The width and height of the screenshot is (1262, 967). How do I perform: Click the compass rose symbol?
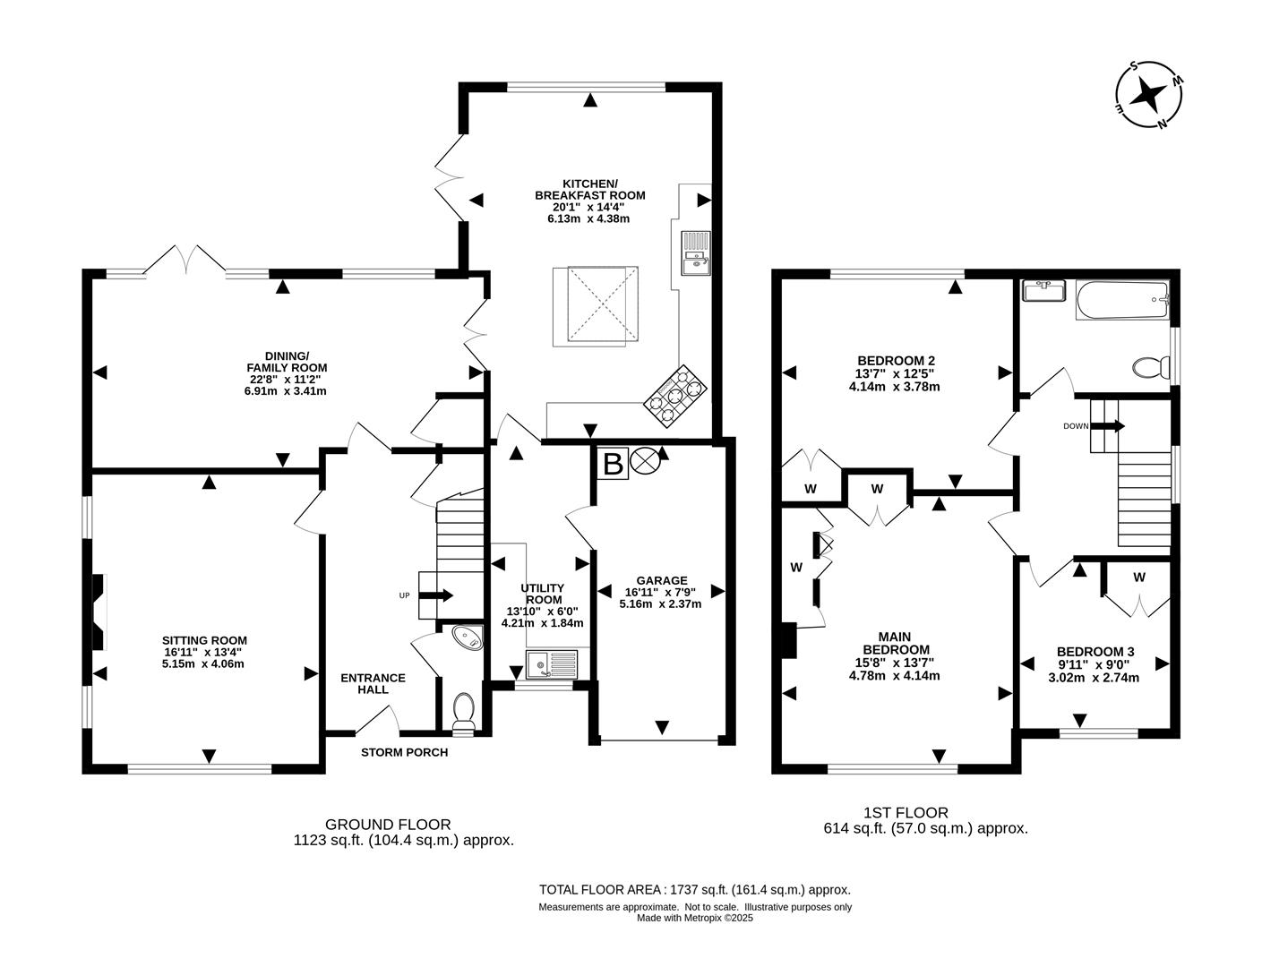(1149, 94)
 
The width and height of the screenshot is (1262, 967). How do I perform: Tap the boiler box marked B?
(613, 464)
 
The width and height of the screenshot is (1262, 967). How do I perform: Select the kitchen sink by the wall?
(695, 252)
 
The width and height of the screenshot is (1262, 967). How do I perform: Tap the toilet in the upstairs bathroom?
(1150, 366)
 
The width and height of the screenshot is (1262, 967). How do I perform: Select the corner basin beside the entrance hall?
(468, 638)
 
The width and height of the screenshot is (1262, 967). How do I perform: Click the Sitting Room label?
(204, 640)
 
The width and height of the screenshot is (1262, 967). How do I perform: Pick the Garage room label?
(662, 580)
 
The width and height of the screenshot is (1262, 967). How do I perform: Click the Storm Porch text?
(404, 752)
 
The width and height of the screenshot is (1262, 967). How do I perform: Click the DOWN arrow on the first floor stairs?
(1107, 426)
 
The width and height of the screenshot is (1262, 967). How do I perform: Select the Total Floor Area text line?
(694, 889)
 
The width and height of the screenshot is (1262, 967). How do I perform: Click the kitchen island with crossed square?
(596, 305)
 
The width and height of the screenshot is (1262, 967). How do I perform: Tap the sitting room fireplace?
(97, 612)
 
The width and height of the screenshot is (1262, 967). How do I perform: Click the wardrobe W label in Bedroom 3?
(1138, 578)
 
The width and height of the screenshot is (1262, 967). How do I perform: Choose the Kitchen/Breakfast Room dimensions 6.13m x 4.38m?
(589, 218)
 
